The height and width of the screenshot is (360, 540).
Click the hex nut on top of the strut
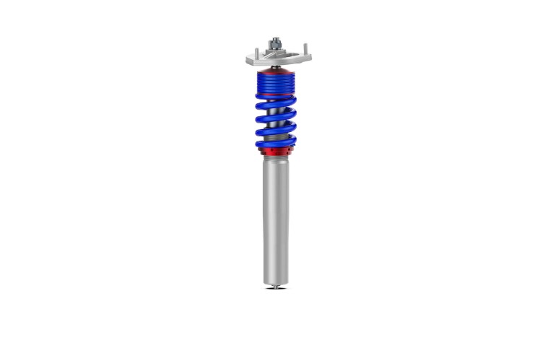[x=275, y=45]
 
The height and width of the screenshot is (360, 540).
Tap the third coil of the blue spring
[x=275, y=130]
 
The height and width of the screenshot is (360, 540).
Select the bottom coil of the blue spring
[x=275, y=143]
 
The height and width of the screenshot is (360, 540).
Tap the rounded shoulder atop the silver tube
[x=275, y=160]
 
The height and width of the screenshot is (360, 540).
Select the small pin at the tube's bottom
[x=274, y=286]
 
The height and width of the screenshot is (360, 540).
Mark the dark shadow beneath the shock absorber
[x=274, y=290]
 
